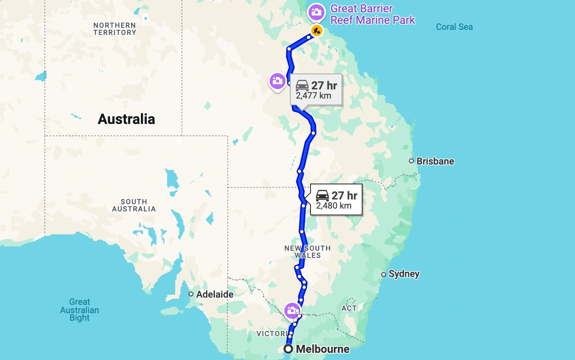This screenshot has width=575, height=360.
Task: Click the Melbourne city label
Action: click(x=322, y=349)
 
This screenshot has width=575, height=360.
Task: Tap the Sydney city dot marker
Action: click(x=384, y=275)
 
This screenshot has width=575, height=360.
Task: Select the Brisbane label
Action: click(x=435, y=161)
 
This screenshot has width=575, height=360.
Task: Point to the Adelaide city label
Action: click(x=214, y=294)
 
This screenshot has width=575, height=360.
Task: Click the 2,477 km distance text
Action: click(x=313, y=96)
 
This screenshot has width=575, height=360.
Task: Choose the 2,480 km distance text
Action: click(x=334, y=206)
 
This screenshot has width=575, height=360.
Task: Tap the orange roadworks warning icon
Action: click(x=316, y=31)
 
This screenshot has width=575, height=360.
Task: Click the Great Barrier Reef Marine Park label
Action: click(x=372, y=14)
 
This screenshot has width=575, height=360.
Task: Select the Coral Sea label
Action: click(x=454, y=27)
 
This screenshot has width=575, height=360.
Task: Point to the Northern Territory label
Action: click(x=115, y=29)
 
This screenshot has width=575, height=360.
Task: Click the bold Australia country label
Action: click(x=126, y=119)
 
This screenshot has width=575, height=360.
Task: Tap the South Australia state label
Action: click(x=134, y=205)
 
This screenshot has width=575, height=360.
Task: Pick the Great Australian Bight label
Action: click(x=79, y=310)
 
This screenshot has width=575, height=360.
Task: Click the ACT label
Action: click(x=349, y=308)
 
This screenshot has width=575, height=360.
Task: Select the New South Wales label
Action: click(x=307, y=252)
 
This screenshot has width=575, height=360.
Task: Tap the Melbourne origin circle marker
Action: click(x=288, y=349)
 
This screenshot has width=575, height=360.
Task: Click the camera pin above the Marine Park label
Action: click(x=316, y=12)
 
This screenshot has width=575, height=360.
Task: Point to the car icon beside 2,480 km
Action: click(x=322, y=195)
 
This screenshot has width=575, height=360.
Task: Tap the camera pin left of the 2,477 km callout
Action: click(x=277, y=81)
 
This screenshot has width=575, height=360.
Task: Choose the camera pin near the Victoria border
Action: click(x=292, y=310)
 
